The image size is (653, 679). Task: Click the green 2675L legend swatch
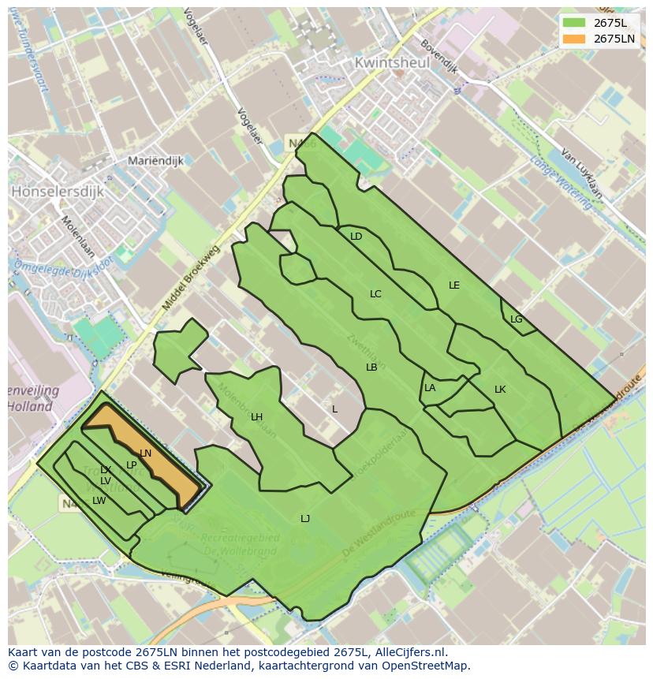click(573, 22)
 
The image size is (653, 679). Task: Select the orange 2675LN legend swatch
click(573, 38)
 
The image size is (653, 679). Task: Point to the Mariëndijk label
click(155, 161)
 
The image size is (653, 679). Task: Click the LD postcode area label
click(356, 237)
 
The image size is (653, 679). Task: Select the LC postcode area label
click(375, 294)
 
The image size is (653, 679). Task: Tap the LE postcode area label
click(453, 285)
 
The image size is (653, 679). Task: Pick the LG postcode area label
click(516, 319)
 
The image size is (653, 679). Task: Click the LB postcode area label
click(371, 367)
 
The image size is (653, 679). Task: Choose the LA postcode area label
click(430, 388)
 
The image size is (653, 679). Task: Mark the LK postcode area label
click(500, 390)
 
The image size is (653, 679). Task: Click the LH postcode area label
click(256, 417)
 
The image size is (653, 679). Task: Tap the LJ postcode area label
click(305, 518)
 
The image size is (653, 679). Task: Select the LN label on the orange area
click(145, 453)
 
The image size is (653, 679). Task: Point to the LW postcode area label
click(99, 501)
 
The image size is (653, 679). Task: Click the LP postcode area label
click(132, 465)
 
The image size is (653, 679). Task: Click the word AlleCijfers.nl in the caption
click(409, 652)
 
